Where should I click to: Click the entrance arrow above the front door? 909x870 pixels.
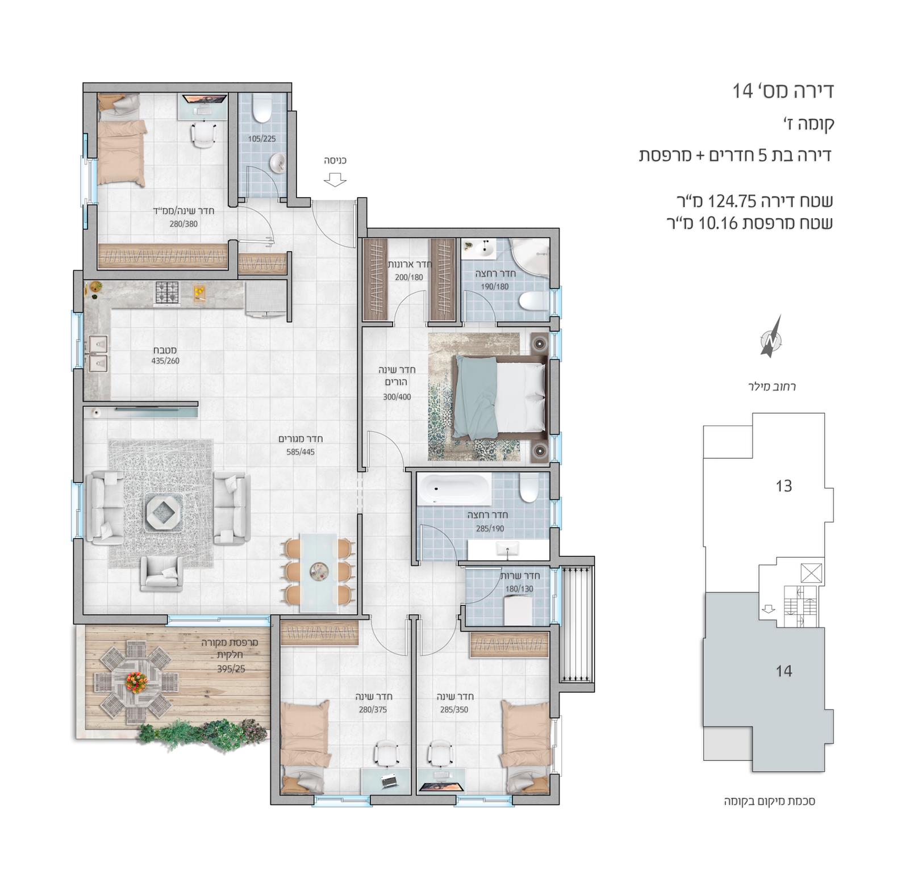(x=335, y=179)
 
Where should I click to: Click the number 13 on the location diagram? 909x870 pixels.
(x=783, y=486)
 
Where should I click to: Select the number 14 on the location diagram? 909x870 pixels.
(x=783, y=671)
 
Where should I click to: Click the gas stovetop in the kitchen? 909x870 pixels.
(x=167, y=293)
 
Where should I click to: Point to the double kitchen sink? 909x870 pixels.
(x=98, y=353)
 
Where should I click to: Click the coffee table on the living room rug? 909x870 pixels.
(x=164, y=512)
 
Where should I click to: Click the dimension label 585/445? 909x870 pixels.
(x=301, y=452)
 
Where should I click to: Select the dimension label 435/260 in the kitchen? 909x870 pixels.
(x=165, y=361)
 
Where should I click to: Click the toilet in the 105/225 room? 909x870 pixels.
(x=262, y=108)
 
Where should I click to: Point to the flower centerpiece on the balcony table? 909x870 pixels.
(x=136, y=681)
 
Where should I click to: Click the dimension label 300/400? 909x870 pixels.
(x=397, y=397)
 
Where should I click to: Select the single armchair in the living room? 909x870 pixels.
(x=162, y=573)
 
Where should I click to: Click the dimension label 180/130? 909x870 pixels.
(x=519, y=589)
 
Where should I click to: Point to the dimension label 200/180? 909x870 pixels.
(x=409, y=278)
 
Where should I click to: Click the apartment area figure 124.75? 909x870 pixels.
(x=733, y=201)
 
